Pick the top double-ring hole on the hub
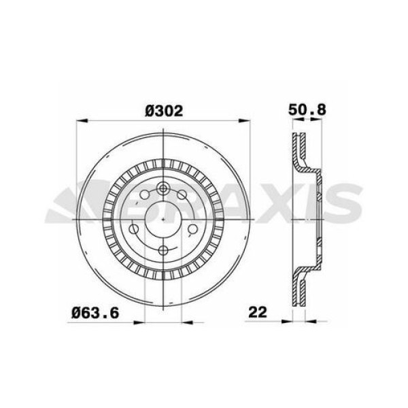[x=165, y=190]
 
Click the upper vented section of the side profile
[x=296, y=150]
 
